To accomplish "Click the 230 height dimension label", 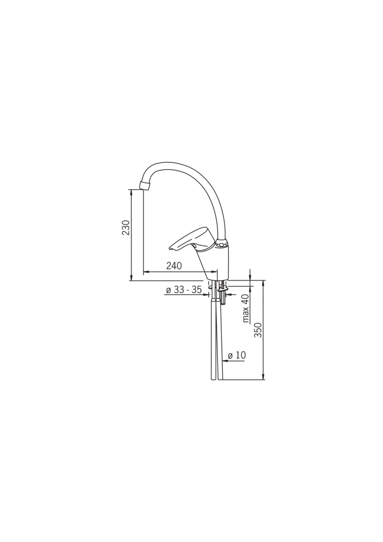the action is tap(126, 227).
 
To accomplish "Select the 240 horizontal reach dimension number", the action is tap(174, 265).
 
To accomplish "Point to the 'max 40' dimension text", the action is tap(246, 308).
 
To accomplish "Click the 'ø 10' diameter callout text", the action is tap(237, 355).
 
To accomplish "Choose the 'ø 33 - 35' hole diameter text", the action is tap(184, 290).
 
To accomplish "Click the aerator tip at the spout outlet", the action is tap(145, 185).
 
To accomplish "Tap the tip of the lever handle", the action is tap(171, 248).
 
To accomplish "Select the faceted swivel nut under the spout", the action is tap(221, 244).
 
